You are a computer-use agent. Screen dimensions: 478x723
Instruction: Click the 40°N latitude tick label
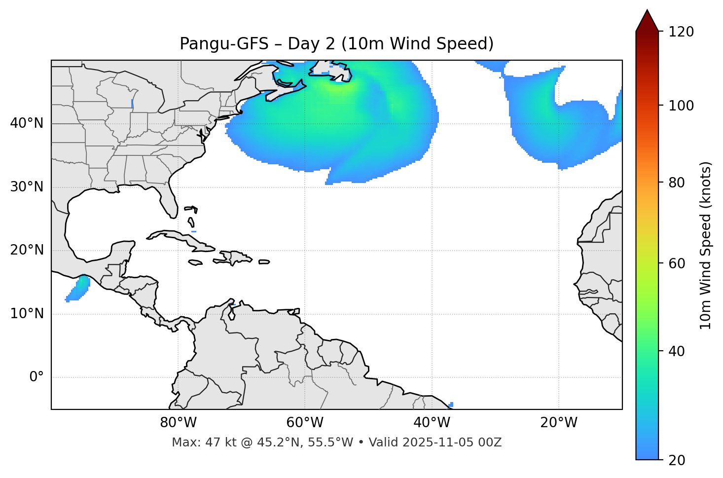pos(27,123)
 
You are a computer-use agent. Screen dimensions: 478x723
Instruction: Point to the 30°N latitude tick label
pos(27,187)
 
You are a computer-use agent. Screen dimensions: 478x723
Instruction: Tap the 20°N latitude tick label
pos(27,250)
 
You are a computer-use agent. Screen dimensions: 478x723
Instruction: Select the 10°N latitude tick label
pos(27,314)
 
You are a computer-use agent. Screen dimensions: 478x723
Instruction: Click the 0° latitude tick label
pos(36,377)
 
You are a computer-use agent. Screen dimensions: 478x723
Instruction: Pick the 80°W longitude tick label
pos(178,423)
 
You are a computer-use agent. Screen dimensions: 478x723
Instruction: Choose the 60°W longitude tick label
pos(305,423)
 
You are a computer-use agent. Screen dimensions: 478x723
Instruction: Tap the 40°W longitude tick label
pos(432,423)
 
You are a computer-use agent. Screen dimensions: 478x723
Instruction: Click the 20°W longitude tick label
pos(559,423)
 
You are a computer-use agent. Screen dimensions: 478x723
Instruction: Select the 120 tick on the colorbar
pos(681,32)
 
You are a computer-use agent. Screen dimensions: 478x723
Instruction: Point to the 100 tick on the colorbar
pos(681,106)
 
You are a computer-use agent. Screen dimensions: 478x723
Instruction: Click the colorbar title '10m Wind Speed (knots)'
pos(706,245)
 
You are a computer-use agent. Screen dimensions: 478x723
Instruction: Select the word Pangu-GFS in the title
pos(224,44)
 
